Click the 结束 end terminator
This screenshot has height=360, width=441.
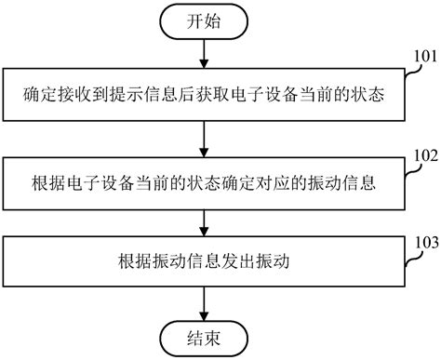(204, 336)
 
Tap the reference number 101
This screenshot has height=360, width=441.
(421, 56)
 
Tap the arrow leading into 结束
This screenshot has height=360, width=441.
(204, 301)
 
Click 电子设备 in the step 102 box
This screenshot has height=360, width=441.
(95, 180)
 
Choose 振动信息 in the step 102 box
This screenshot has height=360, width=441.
(344, 180)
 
